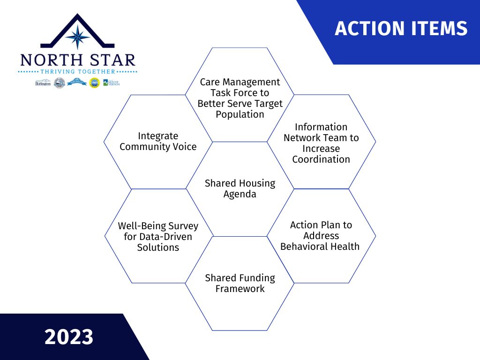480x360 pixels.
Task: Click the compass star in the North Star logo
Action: pyautogui.click(x=78, y=37)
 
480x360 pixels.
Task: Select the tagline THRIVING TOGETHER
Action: pyautogui.click(x=78, y=72)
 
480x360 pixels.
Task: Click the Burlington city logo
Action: pyautogui.click(x=43, y=83)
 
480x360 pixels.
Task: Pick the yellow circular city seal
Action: pyautogui.click(x=94, y=83)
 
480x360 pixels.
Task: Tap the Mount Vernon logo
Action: pyautogui.click(x=112, y=82)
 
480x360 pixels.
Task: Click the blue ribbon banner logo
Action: pyautogui.click(x=77, y=82)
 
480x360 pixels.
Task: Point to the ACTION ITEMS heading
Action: pyautogui.click(x=401, y=29)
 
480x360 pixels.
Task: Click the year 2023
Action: pyautogui.click(x=69, y=337)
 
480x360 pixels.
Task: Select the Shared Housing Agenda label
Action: pyautogui.click(x=240, y=188)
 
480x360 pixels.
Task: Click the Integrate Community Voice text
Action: pyautogui.click(x=158, y=141)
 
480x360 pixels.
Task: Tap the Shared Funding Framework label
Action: pyautogui.click(x=240, y=283)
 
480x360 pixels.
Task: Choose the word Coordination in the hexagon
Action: pyautogui.click(x=321, y=159)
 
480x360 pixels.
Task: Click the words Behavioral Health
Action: pyautogui.click(x=320, y=247)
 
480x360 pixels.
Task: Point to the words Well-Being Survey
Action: pyautogui.click(x=158, y=226)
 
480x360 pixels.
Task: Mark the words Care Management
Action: pyautogui.click(x=240, y=82)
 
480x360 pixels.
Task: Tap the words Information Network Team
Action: pyautogui.click(x=321, y=133)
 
